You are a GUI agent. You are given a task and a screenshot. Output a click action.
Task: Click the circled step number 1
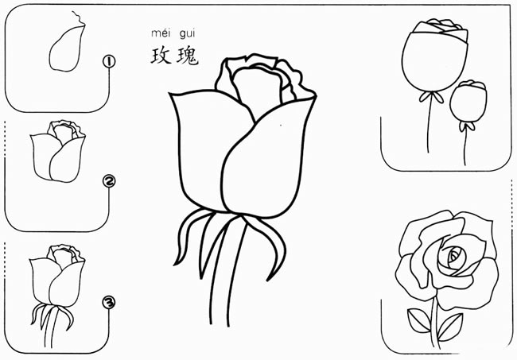(109, 62)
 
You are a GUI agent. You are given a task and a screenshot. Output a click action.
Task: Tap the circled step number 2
(109, 181)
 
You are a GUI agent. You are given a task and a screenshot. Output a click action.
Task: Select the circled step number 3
(109, 302)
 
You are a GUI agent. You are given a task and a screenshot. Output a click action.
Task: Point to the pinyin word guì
(188, 33)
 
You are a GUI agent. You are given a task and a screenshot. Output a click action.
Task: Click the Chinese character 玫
(161, 56)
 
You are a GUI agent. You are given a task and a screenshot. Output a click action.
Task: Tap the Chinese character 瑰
(188, 56)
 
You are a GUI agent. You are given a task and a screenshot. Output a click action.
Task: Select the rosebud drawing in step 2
(58, 151)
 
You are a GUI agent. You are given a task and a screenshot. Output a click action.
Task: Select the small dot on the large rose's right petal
(281, 125)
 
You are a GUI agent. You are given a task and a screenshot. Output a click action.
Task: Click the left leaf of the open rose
(419, 320)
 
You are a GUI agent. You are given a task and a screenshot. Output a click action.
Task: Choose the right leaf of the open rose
(451, 327)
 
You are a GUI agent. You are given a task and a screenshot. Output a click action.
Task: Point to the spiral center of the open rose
(455, 255)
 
